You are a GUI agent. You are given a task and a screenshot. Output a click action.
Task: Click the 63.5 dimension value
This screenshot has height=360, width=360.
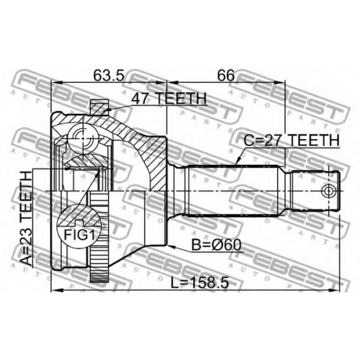pos(109,76)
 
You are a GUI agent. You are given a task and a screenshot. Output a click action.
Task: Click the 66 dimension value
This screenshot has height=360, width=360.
pos(226,76)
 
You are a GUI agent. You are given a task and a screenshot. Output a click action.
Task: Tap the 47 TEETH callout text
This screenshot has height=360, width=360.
pos(169,98)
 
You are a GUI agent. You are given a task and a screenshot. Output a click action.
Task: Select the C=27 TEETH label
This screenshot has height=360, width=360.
pos(292,140)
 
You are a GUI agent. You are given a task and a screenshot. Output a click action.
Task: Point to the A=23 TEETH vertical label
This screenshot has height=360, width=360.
pos(26,218)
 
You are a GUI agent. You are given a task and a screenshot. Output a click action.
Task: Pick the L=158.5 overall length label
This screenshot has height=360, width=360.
pos(199,283)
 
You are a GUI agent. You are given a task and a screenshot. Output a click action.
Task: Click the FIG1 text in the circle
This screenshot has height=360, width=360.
pos(79,235)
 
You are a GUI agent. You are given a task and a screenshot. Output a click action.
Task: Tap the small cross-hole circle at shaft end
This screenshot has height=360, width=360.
pos(328,191)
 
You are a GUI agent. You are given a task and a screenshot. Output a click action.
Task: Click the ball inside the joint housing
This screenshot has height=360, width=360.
pos(82,138)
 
